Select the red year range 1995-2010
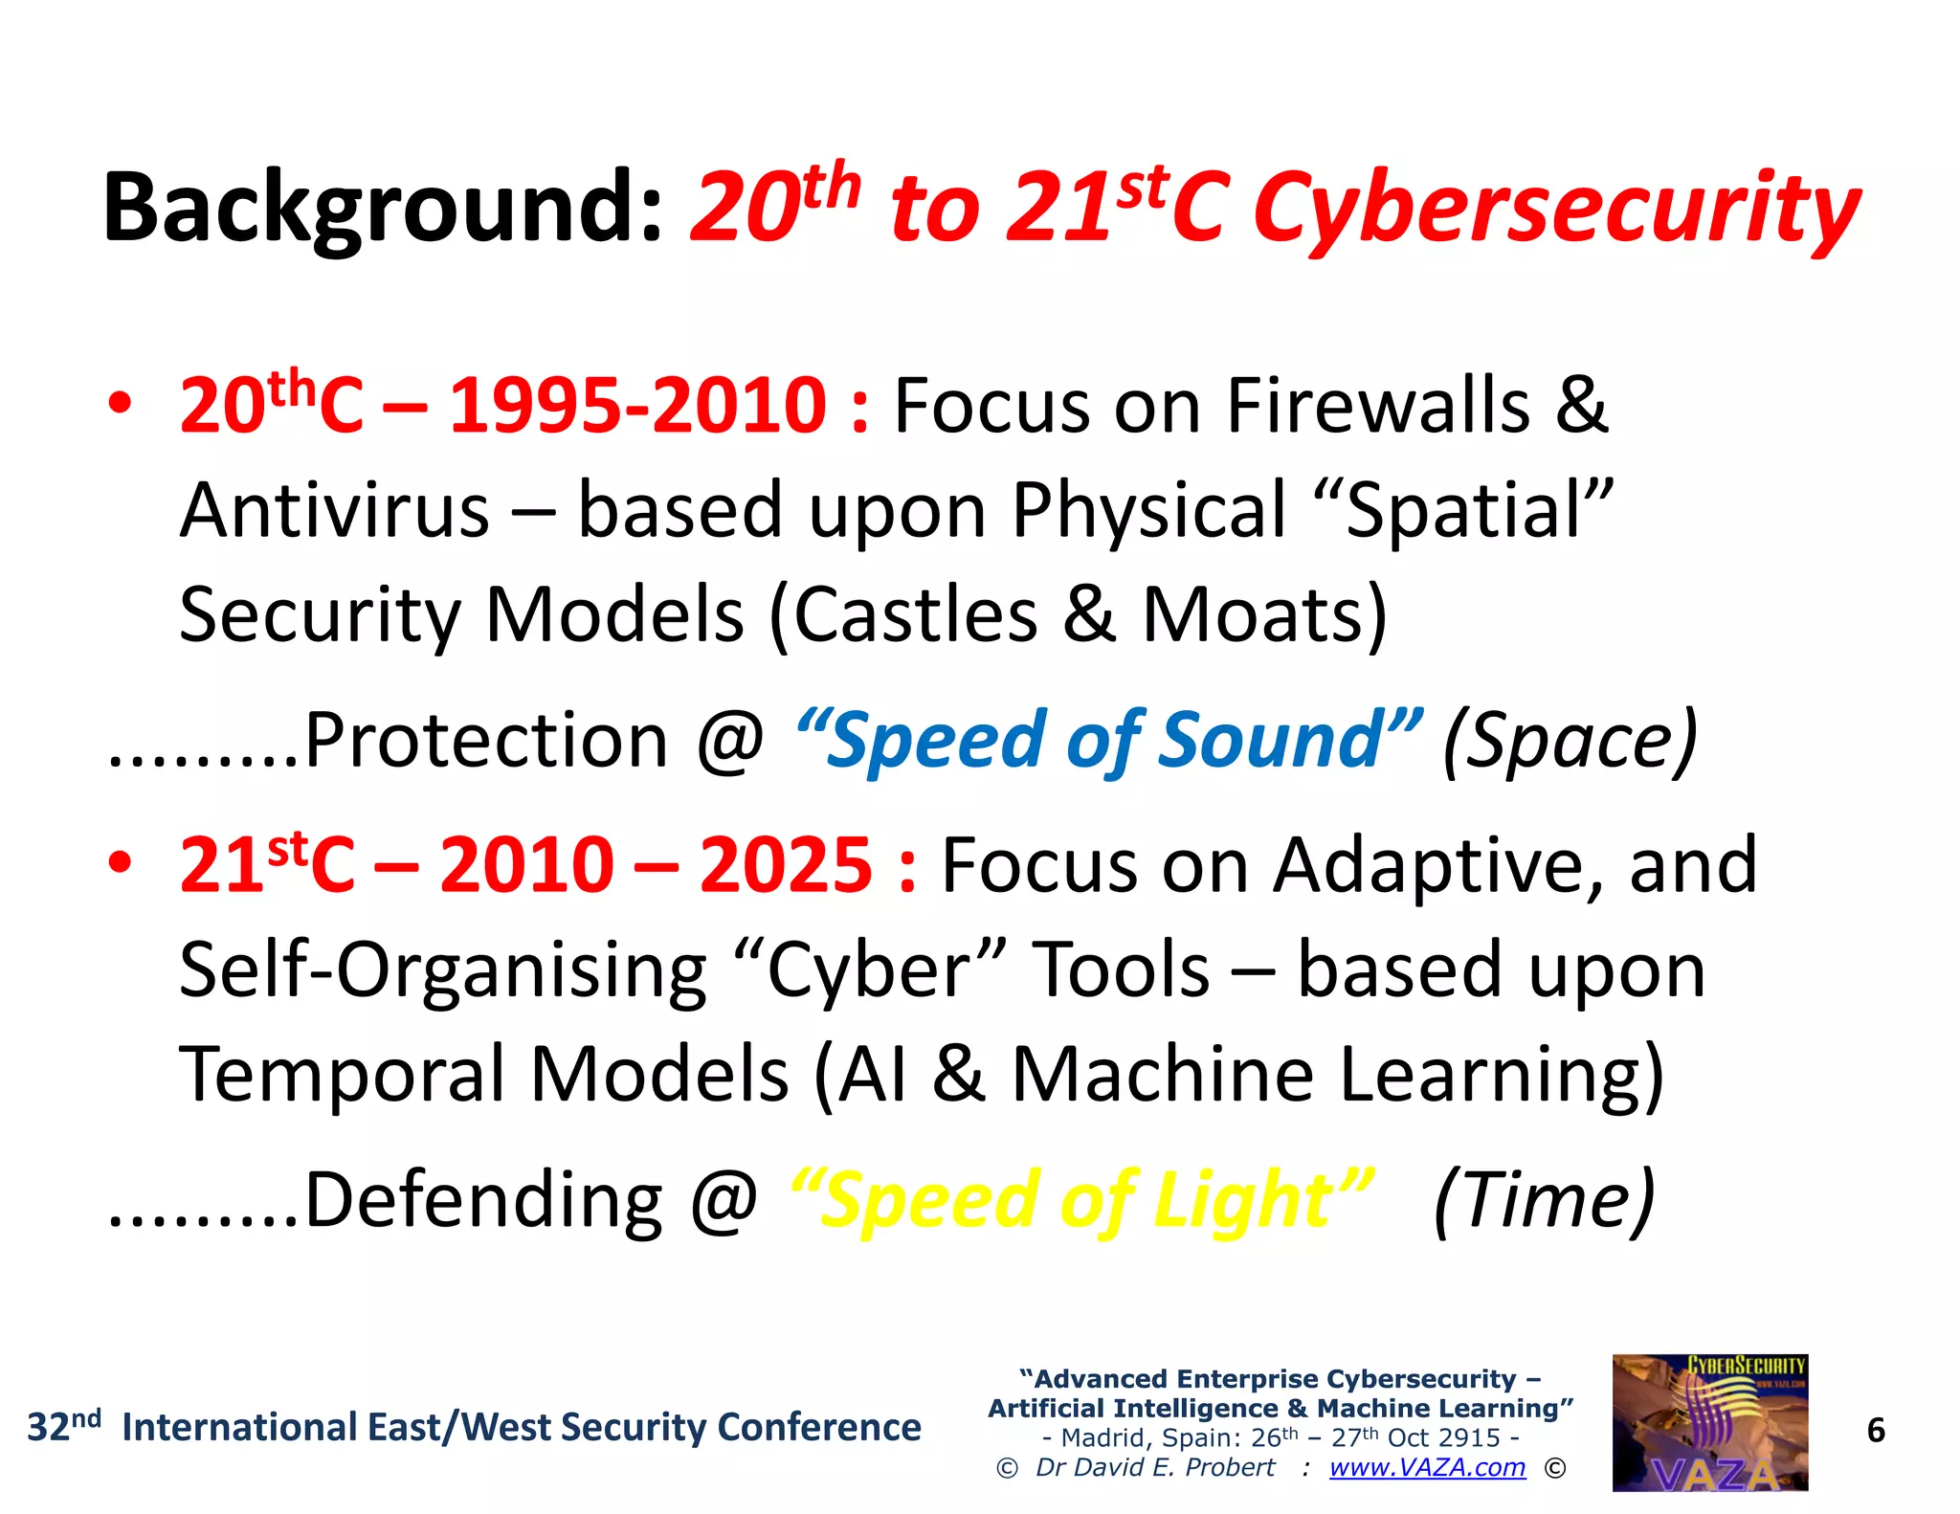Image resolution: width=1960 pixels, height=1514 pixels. pyautogui.click(x=637, y=406)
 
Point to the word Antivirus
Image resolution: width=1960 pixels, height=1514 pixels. pyautogui.click(x=335, y=511)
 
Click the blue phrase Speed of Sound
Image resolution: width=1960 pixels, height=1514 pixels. pyautogui.click(x=1108, y=741)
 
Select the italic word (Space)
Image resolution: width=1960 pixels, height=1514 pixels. pyautogui.click(x=1570, y=741)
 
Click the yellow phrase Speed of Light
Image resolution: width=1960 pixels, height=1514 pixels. pyautogui.click(x=1081, y=1200)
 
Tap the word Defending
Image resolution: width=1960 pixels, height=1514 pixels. pyautogui.click(x=482, y=1200)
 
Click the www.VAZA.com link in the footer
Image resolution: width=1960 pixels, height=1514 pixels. pyautogui.click(x=1427, y=1467)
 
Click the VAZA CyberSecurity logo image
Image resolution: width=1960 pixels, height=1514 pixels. pyautogui.click(x=1709, y=1422)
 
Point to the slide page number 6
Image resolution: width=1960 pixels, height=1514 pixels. pyautogui.click(x=1876, y=1431)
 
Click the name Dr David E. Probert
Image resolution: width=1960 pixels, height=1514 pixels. pyautogui.click(x=1154, y=1467)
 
